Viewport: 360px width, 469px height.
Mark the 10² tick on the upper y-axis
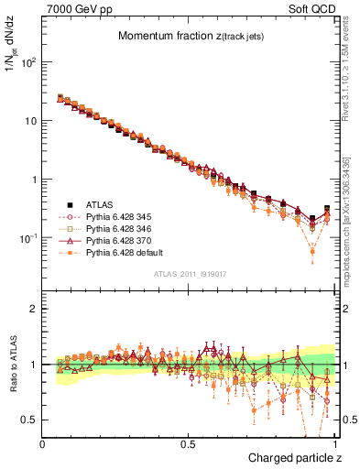[x=30, y=62]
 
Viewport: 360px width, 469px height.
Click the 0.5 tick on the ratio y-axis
[x=30, y=420]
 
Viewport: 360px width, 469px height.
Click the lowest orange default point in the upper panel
[x=312, y=250]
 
